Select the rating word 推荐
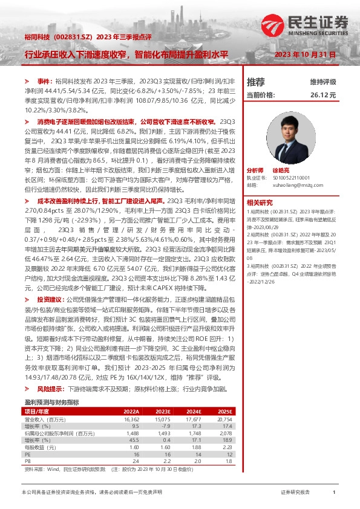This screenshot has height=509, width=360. [x=256, y=82]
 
